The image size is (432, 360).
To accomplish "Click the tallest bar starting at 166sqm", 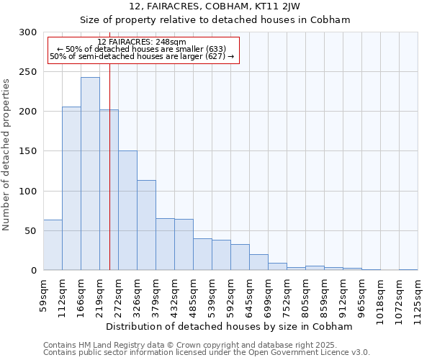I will point(90,174).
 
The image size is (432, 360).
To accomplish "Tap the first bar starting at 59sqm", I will point(53,245).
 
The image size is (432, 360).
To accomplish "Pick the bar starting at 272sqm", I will point(127,210).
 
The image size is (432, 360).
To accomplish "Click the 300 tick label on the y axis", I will point(28,32).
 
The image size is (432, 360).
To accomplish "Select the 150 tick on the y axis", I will point(28,151).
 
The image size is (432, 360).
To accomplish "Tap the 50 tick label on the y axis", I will point(31,231).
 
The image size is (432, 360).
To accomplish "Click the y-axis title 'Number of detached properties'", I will point(7,155).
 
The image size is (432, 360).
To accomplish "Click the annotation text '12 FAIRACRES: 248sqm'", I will point(141,42).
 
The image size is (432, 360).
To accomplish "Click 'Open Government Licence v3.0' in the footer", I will point(313,352).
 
